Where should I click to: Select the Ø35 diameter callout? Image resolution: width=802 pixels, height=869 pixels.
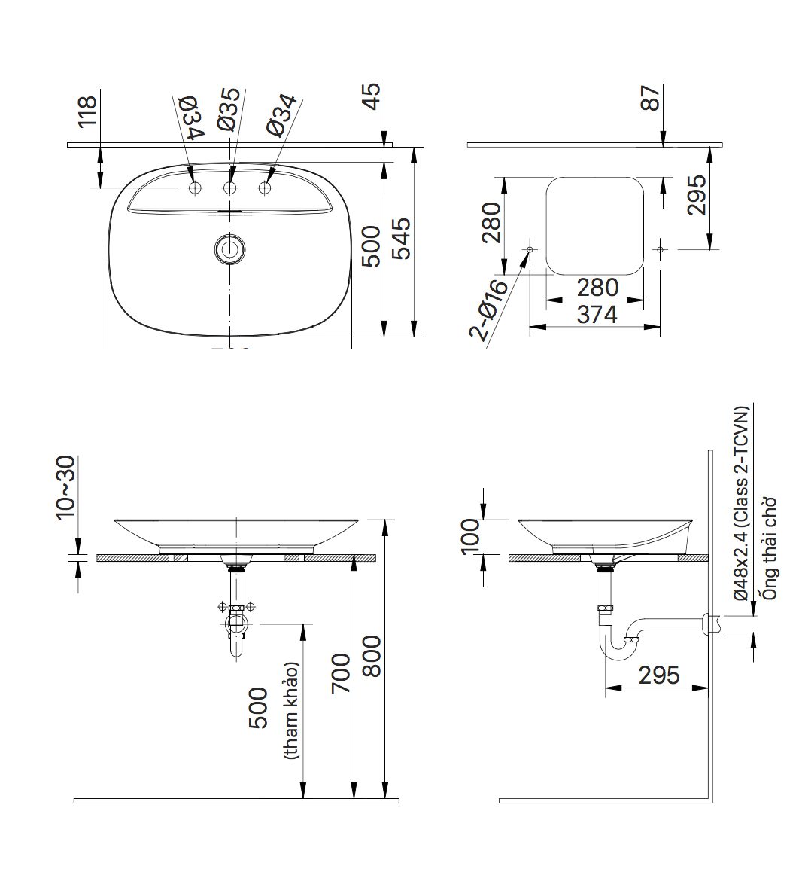tap(229, 111)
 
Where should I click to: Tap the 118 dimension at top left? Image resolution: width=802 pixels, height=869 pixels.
tap(88, 110)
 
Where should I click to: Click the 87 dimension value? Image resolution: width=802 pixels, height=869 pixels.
tap(650, 98)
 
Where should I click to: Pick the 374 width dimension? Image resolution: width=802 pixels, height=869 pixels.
tap(597, 314)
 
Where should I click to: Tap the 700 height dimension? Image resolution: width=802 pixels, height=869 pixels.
tap(340, 674)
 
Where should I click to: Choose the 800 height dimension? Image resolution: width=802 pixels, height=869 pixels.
tap(372, 656)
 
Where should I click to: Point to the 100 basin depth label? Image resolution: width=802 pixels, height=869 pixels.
tap(471, 536)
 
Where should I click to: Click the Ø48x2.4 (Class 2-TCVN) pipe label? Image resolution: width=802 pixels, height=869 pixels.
tap(742, 503)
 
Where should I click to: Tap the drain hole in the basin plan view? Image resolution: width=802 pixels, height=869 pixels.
tap(229, 249)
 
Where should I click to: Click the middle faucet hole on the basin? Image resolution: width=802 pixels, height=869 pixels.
tap(230, 188)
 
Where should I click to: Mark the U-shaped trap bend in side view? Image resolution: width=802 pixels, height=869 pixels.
tap(618, 648)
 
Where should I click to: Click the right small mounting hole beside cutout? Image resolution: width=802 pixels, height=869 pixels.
tap(660, 249)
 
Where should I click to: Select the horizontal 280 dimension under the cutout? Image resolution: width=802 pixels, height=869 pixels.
tap(597, 288)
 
